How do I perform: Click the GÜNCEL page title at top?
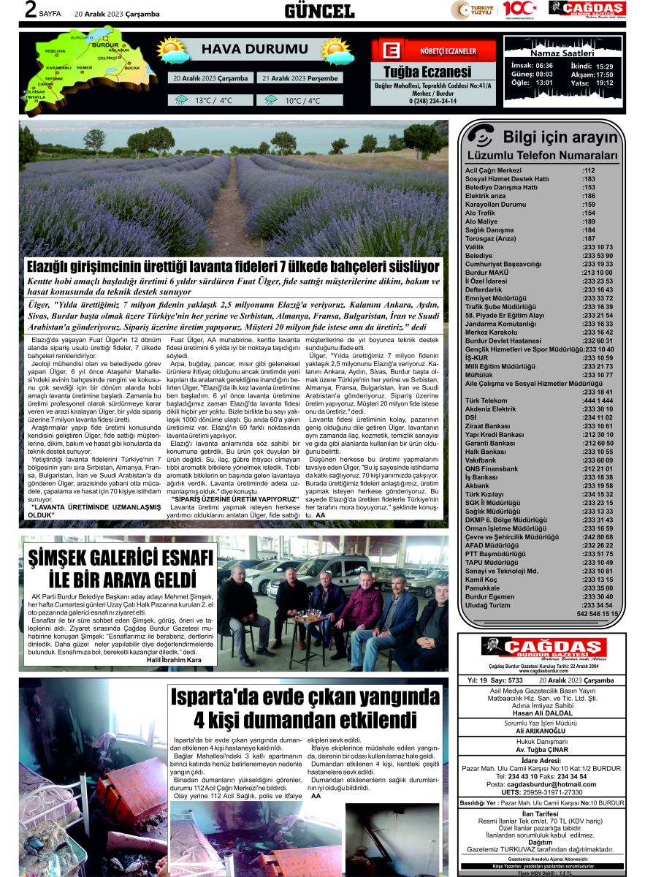click(x=319, y=10)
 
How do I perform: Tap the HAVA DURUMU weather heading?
click(x=245, y=50)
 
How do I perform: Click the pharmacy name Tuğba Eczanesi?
click(x=427, y=72)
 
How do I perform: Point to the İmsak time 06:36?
click(x=544, y=66)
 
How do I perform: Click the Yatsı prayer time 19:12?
click(x=604, y=83)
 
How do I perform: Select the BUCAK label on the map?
click(x=131, y=67)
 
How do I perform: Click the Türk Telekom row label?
click(x=486, y=400)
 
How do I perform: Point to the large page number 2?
click(x=31, y=10)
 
